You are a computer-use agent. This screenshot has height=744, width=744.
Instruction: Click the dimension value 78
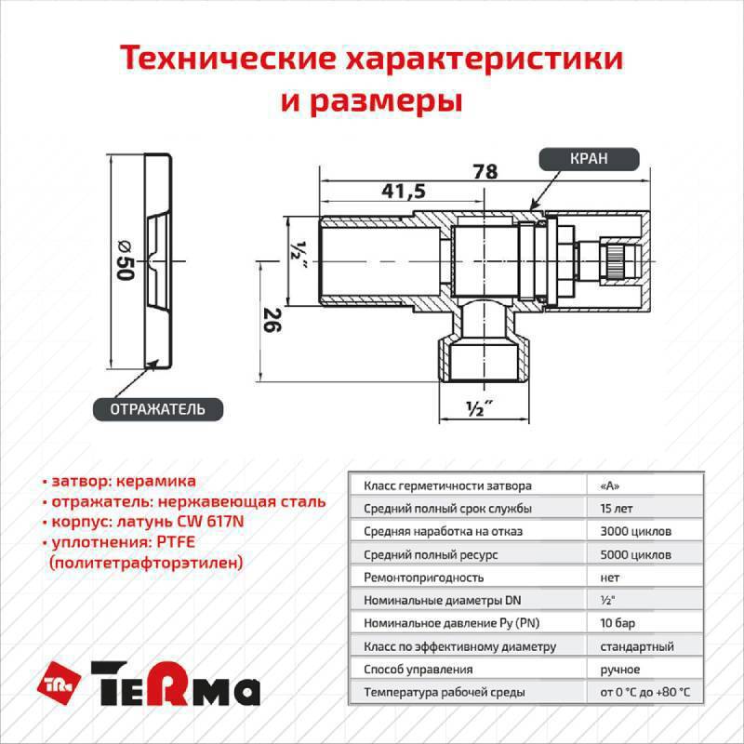tap(485, 172)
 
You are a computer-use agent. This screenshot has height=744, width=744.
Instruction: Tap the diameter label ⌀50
tap(124, 261)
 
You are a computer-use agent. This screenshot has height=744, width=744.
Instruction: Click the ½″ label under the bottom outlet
tap(479, 407)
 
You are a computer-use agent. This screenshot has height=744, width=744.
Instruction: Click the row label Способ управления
tap(418, 670)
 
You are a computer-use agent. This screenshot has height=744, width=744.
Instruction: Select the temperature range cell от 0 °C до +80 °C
tap(645, 693)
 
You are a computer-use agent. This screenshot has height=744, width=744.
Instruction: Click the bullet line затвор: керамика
tap(123, 482)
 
